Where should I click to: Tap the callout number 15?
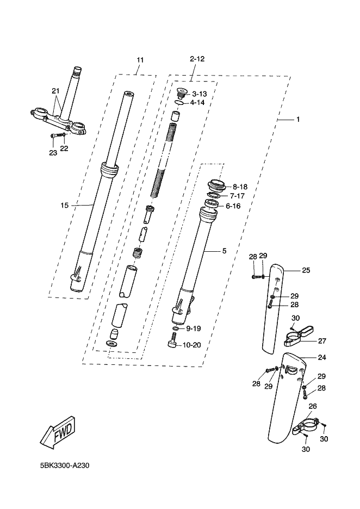64,205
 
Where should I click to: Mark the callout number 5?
224,251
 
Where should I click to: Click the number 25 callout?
306,270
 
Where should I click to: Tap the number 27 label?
322,341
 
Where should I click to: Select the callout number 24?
322,358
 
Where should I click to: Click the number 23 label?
52,153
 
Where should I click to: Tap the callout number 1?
297,119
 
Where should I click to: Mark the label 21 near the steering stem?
54,90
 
